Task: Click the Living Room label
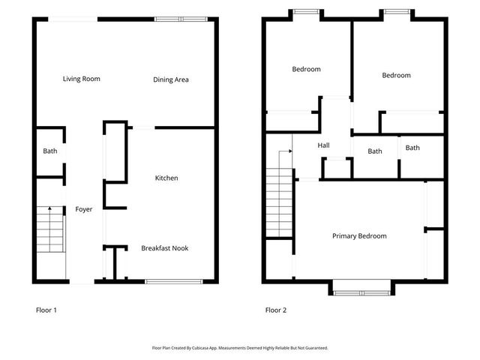[81, 79]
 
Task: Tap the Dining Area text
[170, 79]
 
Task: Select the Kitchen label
[166, 178]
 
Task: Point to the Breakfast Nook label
[165, 248]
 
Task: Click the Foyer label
[84, 209]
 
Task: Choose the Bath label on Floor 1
[49, 151]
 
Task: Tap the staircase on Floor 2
[278, 204]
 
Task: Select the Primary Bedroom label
[359, 236]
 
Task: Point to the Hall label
[323, 145]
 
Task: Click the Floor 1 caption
[46, 310]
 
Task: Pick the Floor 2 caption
[275, 310]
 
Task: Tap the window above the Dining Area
[179, 19]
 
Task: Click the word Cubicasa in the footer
[214, 348]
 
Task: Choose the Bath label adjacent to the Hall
[375, 151]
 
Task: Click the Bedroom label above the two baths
[396, 75]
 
